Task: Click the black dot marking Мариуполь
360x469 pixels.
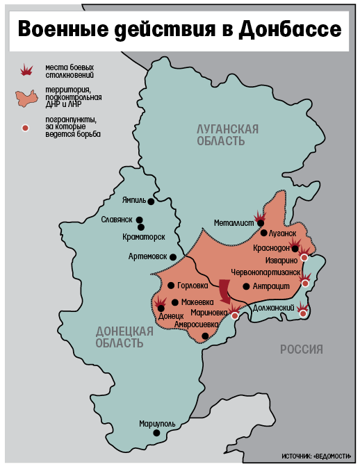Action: pyautogui.click(x=156, y=433)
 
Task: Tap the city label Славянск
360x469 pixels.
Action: pyautogui.click(x=117, y=220)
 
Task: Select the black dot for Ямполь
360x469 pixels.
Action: pyautogui.click(x=150, y=201)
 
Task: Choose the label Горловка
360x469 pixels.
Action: pyautogui.click(x=193, y=286)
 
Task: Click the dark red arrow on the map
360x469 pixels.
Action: pyautogui.click(x=225, y=290)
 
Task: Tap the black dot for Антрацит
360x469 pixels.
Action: pyautogui.click(x=246, y=286)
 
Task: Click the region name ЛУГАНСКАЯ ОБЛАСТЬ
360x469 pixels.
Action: pyautogui.click(x=228, y=135)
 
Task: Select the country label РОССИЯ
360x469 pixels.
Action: pyautogui.click(x=302, y=349)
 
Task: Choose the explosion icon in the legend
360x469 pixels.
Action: pyautogui.click(x=26, y=69)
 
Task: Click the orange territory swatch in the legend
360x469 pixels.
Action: pyautogui.click(x=27, y=97)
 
